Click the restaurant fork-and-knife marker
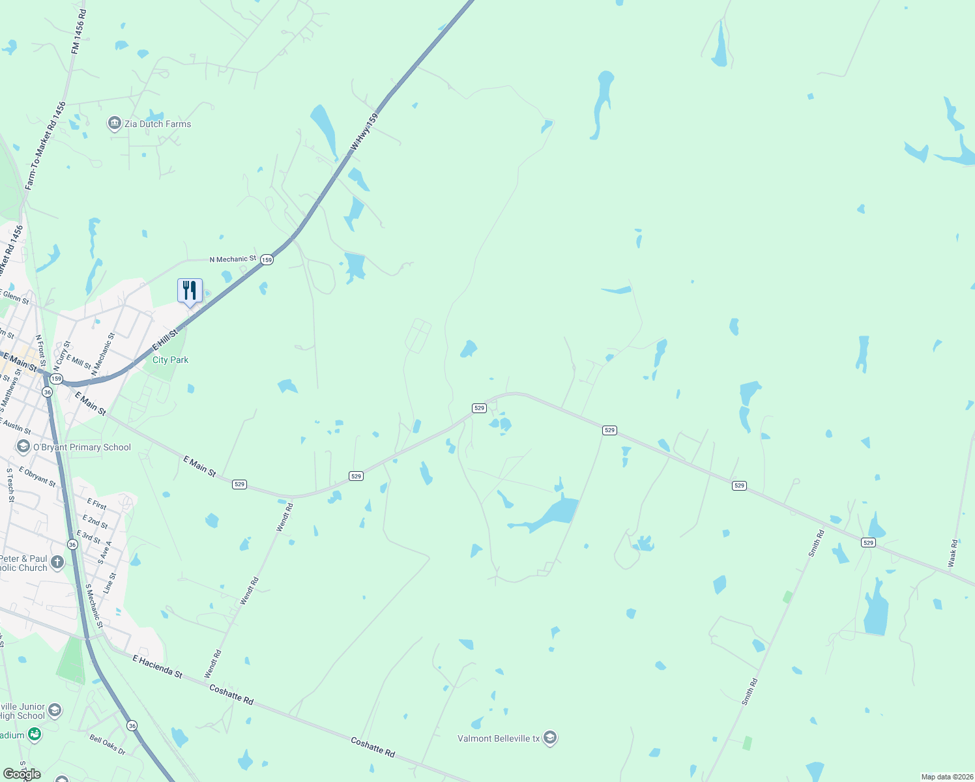(190, 290)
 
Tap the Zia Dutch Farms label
(158, 124)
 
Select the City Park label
(170, 360)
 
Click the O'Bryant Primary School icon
(23, 446)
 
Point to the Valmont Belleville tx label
(499, 738)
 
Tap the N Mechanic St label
(233, 259)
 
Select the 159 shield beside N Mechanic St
(267, 259)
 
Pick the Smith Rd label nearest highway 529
(816, 543)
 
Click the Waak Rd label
(953, 553)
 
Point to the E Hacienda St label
(158, 667)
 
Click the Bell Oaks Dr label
(108, 744)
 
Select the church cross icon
(57, 562)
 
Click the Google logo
(22, 774)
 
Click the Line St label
(109, 582)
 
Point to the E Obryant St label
(37, 476)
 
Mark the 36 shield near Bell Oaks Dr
(132, 725)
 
